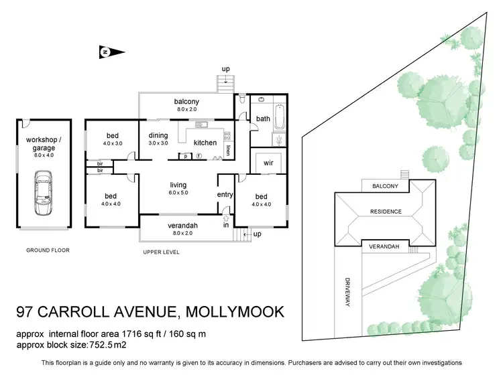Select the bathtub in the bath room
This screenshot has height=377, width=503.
(280, 121)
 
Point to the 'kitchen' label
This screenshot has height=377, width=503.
(205, 143)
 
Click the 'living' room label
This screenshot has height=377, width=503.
(178, 185)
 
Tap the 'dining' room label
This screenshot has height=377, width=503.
(158, 135)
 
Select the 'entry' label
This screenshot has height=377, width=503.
(224, 195)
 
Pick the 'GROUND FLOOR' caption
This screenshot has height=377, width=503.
(48, 250)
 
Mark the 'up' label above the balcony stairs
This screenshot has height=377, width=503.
(227, 69)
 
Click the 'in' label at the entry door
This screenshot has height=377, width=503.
(226, 226)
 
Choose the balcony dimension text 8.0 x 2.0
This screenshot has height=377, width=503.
(188, 110)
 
